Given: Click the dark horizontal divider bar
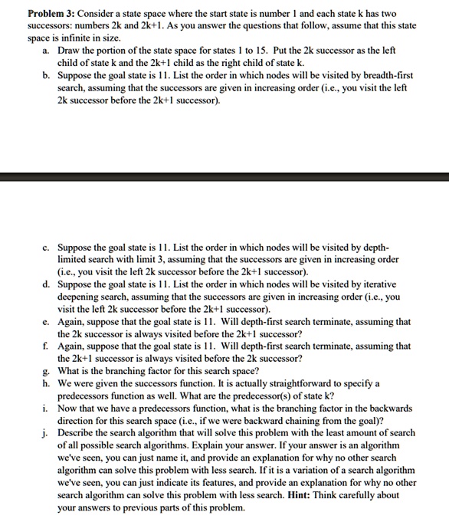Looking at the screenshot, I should coord(224,178).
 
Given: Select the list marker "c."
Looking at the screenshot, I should coord(48,249).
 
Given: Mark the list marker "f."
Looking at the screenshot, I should coord(48,346).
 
